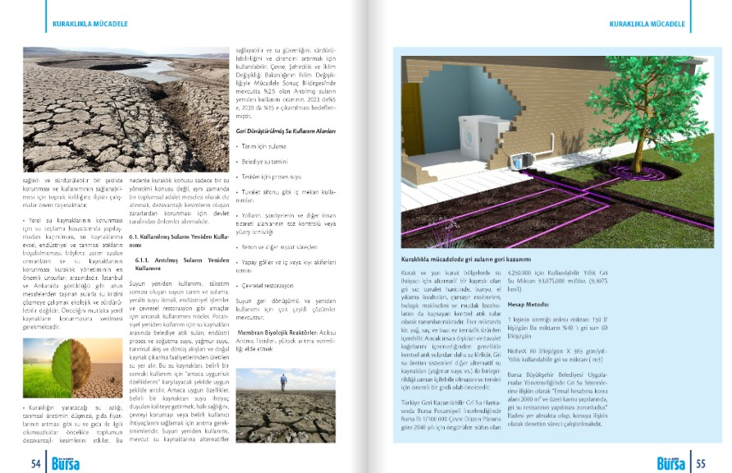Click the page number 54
tap(35, 463)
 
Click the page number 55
tap(701, 463)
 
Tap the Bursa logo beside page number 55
tap(672, 463)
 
